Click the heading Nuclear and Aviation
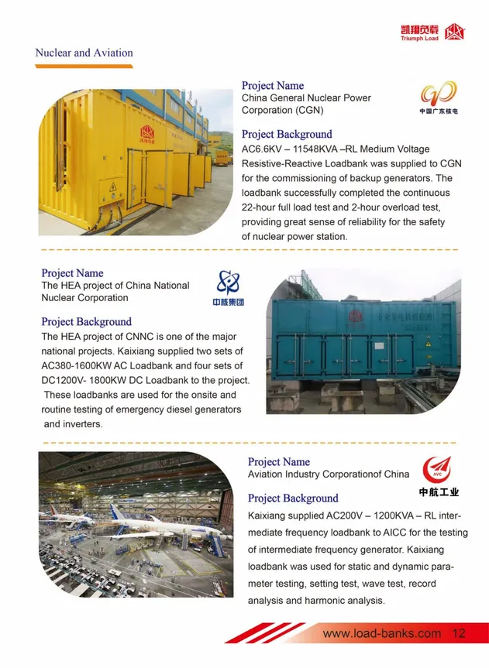point(84,53)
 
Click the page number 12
point(458,633)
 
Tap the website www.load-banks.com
point(381,633)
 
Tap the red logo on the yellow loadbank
point(146,135)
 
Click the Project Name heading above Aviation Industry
point(278,462)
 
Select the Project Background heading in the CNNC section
point(86,321)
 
